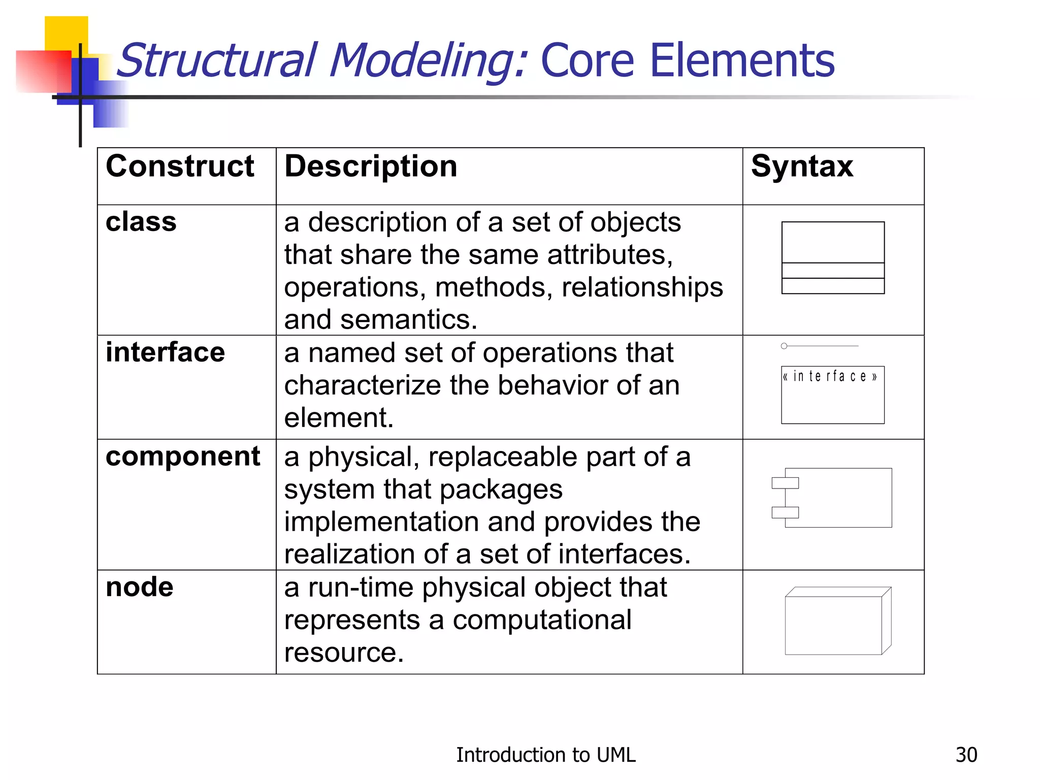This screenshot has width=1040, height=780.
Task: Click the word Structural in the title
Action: point(218,61)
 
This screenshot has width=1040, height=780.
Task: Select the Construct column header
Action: point(180,167)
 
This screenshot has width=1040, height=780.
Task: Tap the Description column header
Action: point(371,167)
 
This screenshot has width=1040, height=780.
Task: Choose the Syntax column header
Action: point(802,167)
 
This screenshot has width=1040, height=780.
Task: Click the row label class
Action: point(141,222)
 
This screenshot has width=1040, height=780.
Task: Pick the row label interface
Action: point(165,352)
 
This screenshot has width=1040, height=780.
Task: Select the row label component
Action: point(183,457)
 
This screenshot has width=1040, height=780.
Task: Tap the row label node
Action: point(140,588)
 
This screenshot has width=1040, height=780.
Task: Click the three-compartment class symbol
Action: point(833,257)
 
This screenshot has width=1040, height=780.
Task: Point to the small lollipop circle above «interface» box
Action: point(784,346)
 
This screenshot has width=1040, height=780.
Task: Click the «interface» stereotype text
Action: point(830,376)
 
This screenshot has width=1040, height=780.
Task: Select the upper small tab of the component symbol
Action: point(785,483)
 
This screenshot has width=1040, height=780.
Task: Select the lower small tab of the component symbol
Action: point(785,512)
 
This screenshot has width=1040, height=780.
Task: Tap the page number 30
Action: point(966,755)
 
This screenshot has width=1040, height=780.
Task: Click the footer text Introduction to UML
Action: point(545,755)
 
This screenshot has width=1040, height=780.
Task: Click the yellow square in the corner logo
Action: point(66,33)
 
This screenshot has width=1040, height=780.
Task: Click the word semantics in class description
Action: point(408,320)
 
